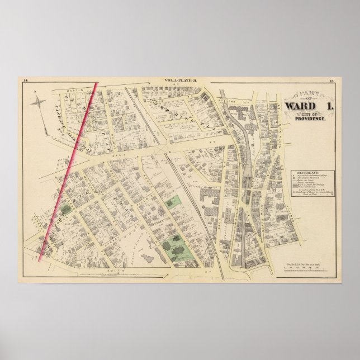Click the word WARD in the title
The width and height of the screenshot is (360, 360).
[x=301, y=106]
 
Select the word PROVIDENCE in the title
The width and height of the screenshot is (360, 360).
[x=310, y=120]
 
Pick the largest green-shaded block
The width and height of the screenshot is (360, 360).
[x=178, y=246]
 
